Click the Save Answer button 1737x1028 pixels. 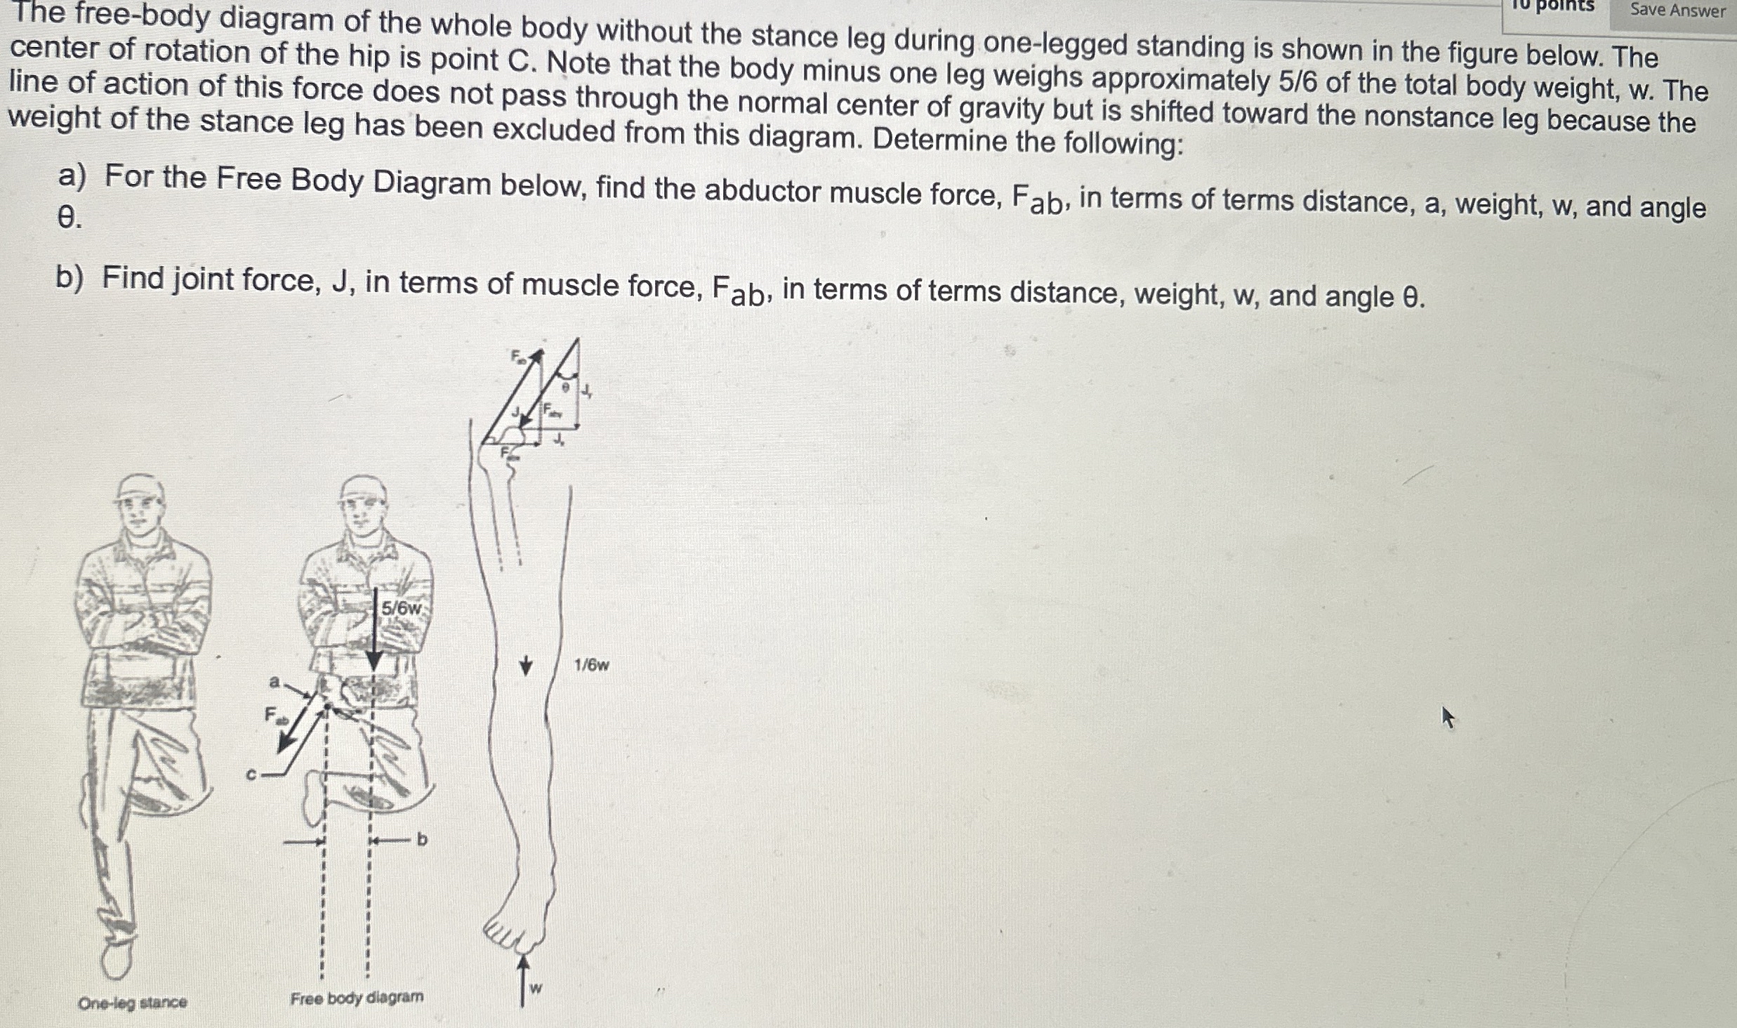click(1677, 11)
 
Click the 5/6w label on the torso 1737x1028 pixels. click(400, 609)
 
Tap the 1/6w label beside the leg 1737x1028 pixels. click(591, 665)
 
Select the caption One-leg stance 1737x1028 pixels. click(132, 1003)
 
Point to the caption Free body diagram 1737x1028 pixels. click(357, 998)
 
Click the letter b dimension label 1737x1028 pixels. click(422, 839)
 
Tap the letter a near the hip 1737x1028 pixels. click(275, 682)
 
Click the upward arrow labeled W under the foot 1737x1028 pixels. click(523, 980)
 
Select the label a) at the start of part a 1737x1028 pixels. click(72, 176)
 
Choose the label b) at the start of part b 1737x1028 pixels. click(69, 278)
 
